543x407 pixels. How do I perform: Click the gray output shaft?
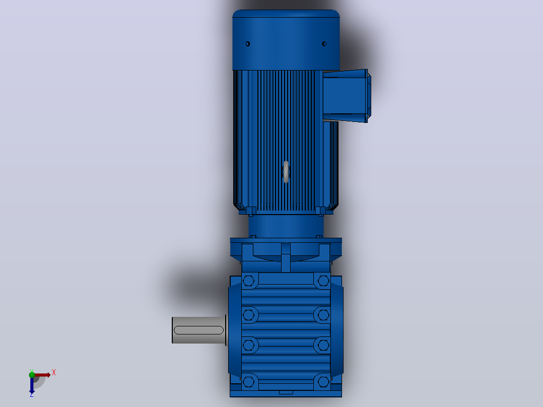199,330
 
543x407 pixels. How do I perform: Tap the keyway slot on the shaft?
199,330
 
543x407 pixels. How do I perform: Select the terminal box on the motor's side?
347,96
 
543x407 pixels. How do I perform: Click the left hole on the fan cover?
248,44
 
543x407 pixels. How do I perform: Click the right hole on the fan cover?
324,44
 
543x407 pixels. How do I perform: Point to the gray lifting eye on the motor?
286,172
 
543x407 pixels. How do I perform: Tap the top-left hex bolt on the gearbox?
249,281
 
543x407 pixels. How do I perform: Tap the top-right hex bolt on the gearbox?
323,281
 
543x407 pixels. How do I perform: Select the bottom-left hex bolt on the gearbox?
249,382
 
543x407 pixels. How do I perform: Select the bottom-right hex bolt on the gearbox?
323,382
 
